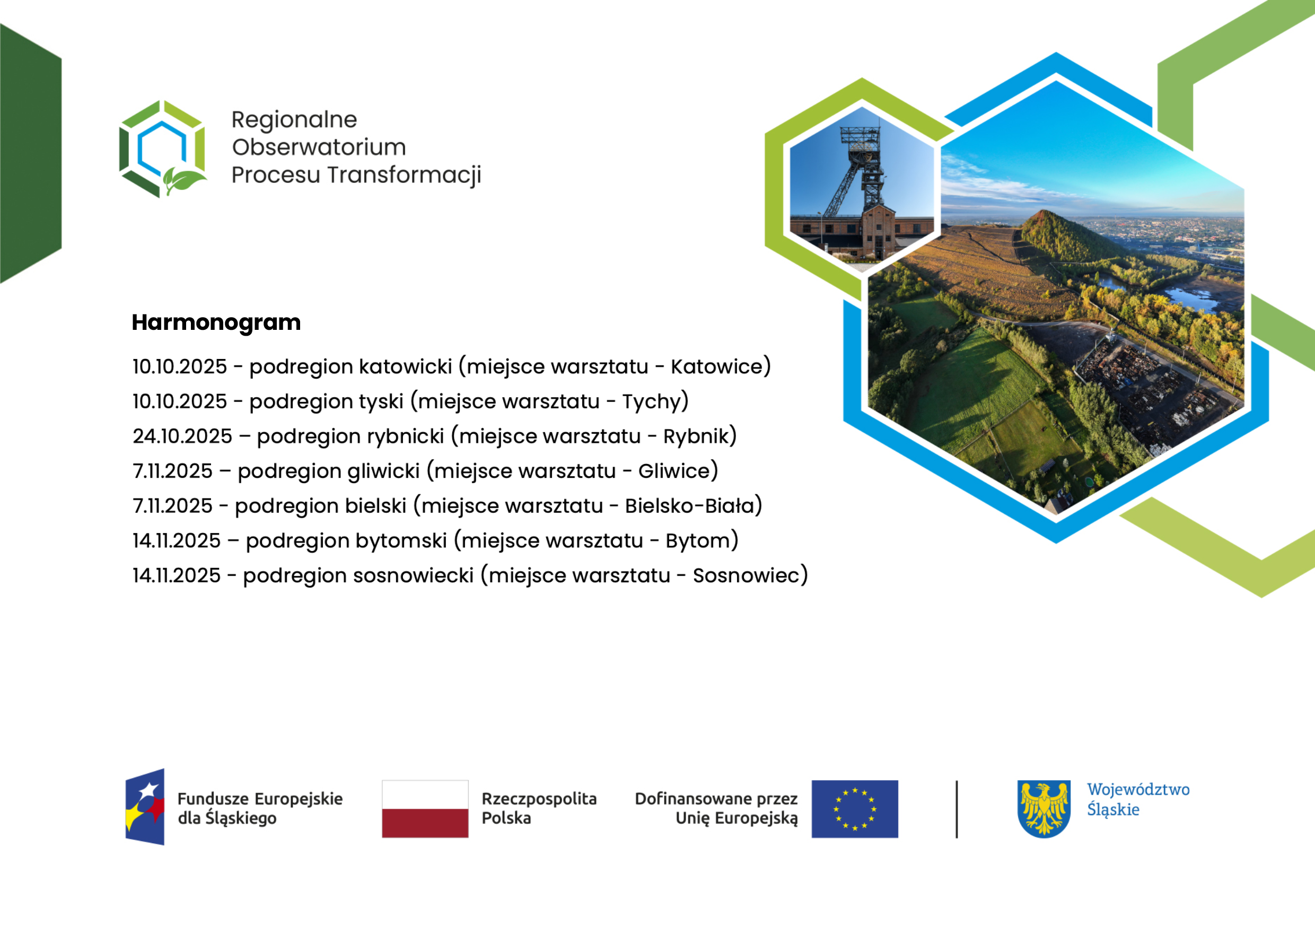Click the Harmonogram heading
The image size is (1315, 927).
[x=216, y=323]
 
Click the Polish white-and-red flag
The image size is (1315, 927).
[x=425, y=809]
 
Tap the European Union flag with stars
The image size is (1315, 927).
[x=855, y=809]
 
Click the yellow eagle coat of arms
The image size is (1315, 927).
[x=1044, y=809]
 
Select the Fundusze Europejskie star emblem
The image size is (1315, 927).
[x=145, y=807]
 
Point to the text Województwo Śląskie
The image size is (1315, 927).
[x=1138, y=800]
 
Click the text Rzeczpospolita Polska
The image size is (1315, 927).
[x=539, y=808]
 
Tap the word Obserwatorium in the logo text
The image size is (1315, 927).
[x=319, y=148]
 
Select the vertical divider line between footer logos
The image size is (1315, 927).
[x=957, y=809]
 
